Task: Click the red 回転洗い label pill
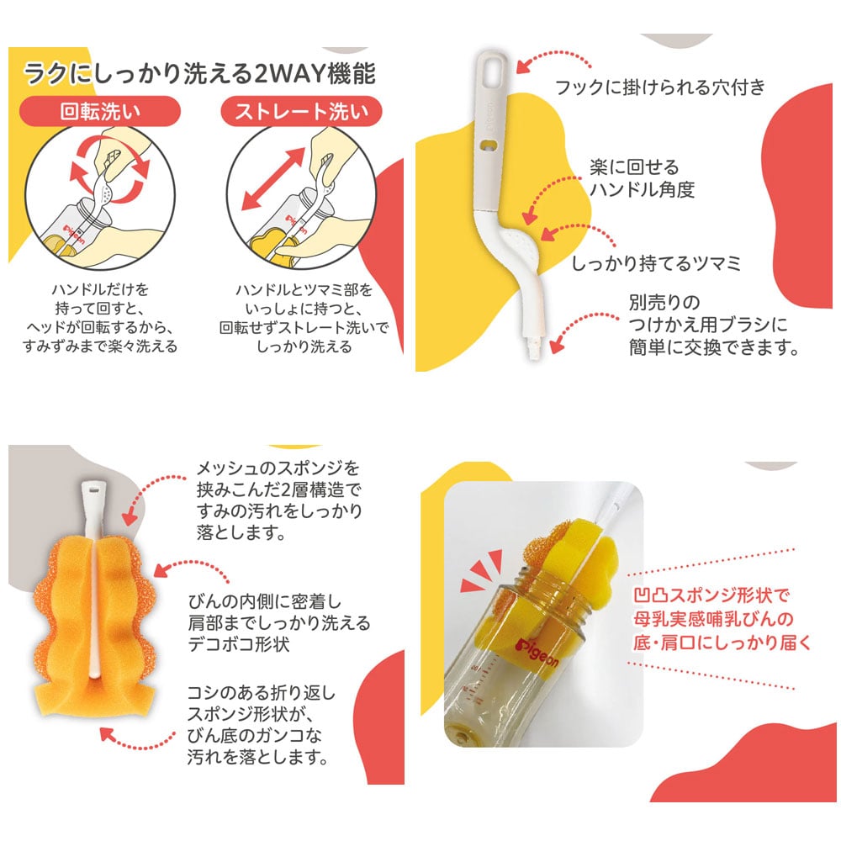100,111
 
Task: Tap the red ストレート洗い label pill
302,111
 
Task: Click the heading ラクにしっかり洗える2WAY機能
199,72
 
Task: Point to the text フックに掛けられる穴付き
660,87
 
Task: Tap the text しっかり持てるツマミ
656,262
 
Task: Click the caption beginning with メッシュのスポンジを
278,500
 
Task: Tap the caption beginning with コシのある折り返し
261,726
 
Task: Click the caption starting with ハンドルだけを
100,318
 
